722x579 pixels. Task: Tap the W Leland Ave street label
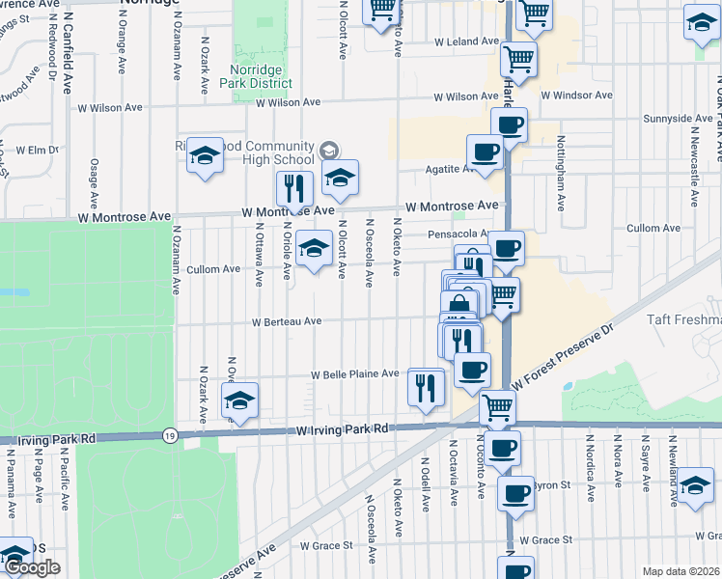coord(466,42)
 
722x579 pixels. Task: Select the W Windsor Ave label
coord(576,96)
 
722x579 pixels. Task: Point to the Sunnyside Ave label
coord(678,119)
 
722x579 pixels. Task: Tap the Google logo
coord(32,567)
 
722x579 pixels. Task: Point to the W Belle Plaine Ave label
coord(354,374)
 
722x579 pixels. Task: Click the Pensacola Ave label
coord(457,234)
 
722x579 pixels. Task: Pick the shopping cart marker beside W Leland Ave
coord(518,59)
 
